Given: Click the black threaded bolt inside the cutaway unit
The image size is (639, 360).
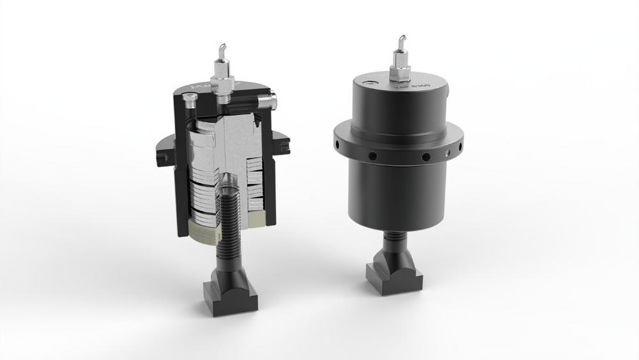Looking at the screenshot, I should (231, 211).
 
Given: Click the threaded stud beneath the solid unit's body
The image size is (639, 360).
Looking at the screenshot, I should (394, 242).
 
